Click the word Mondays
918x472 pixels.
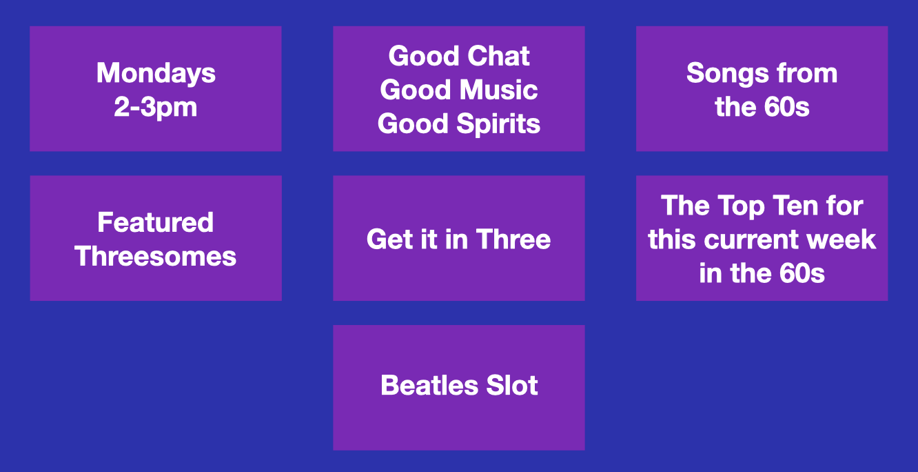pos(156,74)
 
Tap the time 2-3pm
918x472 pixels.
pos(156,108)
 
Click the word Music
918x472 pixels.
pos(498,90)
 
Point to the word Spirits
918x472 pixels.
pos(498,124)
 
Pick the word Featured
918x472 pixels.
pos(156,222)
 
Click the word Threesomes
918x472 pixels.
pos(156,257)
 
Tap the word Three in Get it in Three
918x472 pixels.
pos(513,239)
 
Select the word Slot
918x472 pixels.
pos(512,386)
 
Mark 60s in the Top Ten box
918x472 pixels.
pos(802,273)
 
